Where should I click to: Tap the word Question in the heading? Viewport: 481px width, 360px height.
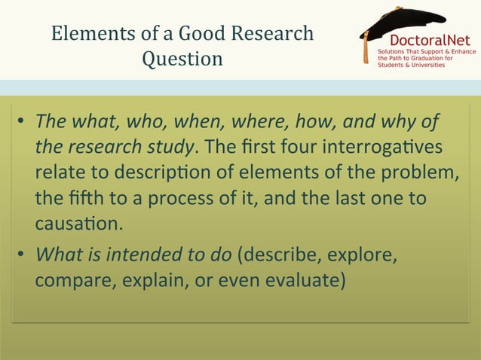tap(182, 59)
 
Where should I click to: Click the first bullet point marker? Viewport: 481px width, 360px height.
tap(23, 122)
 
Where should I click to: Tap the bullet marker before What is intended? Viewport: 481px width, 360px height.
tap(23, 255)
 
